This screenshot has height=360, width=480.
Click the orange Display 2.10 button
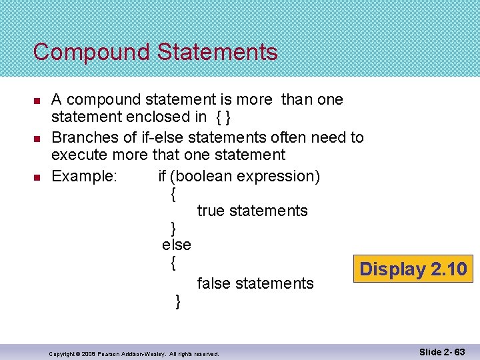click(413, 269)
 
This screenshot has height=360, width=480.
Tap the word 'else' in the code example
click(176, 245)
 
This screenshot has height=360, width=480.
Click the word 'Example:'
click(84, 176)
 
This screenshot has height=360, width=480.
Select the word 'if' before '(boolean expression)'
click(162, 176)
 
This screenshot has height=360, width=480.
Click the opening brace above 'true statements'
click(173, 194)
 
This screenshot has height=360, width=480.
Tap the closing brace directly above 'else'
click(173, 228)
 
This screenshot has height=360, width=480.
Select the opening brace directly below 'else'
click(173, 263)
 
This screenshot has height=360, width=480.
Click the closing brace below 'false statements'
click(177, 301)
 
